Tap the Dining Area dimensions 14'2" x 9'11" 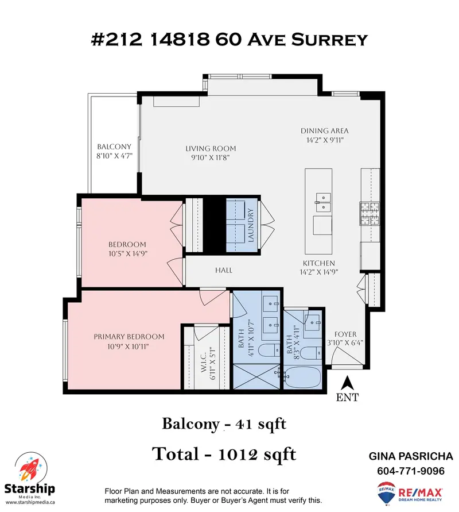click(x=325, y=140)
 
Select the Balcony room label click(x=114, y=147)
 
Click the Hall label click(x=223, y=270)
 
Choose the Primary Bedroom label click(x=129, y=337)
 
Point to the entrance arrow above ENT click(x=347, y=382)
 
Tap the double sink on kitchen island click(x=324, y=201)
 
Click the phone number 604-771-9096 click(x=411, y=471)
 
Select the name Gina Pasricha click(x=411, y=456)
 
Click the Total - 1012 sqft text click(x=224, y=454)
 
